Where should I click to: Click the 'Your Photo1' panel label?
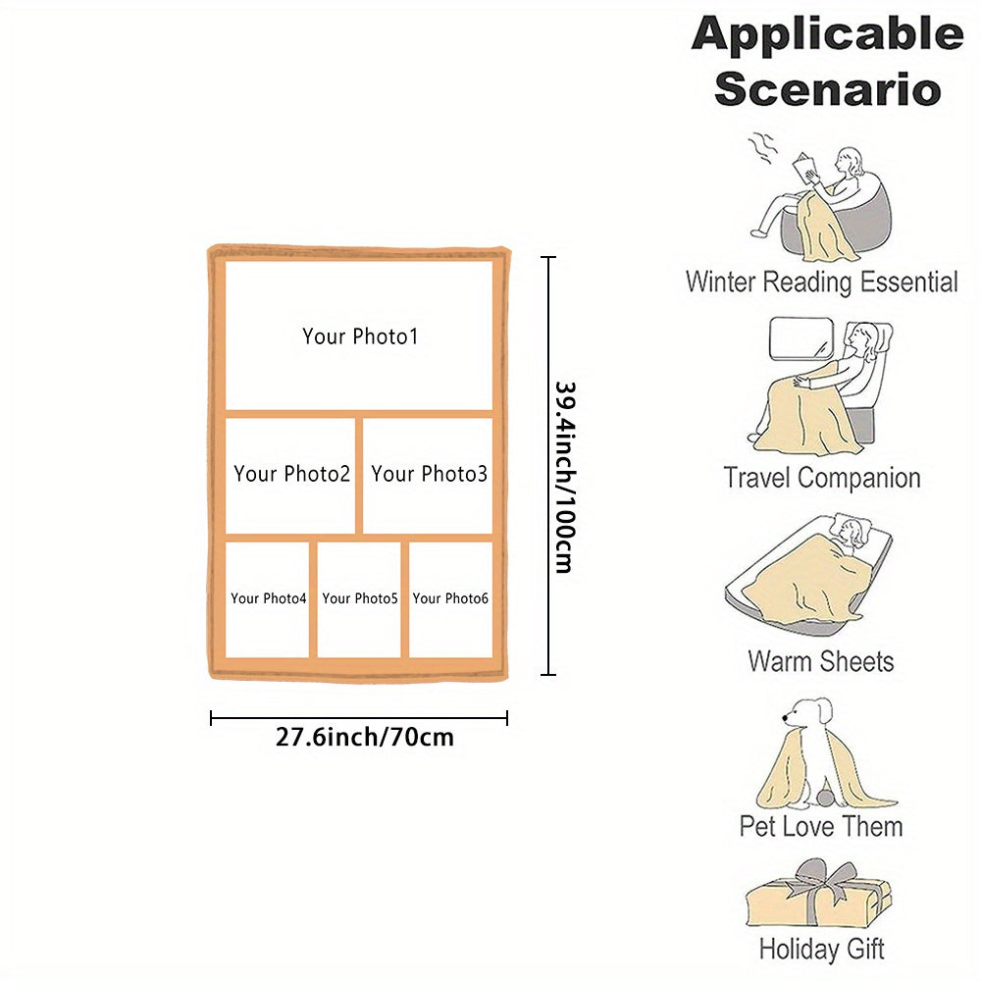(360, 336)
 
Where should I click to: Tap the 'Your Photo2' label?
(291, 474)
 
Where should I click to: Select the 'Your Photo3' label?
(429, 474)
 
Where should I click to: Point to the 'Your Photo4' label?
(268, 598)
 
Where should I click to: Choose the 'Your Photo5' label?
(359, 598)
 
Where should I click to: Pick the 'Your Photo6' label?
(450, 598)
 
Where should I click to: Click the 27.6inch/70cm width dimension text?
(364, 737)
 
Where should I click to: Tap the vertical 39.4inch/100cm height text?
(562, 476)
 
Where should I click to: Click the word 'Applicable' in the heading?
(826, 35)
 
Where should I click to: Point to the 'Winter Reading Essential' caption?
(821, 283)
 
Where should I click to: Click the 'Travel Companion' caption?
(821, 479)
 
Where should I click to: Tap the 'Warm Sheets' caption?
(821, 660)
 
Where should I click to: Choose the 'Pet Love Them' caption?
(821, 826)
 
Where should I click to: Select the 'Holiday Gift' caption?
(821, 949)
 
